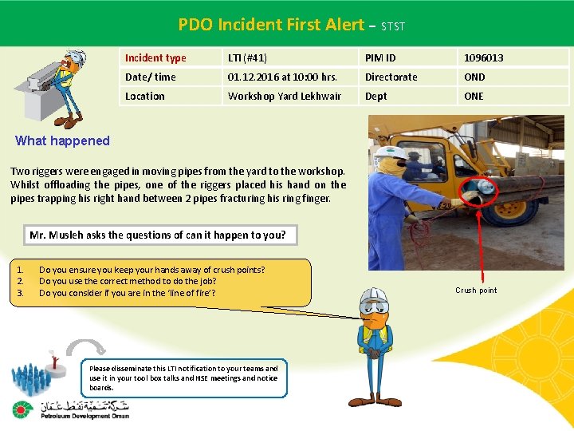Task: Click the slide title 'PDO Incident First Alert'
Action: coord(271,25)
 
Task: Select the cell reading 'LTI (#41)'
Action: coord(247,57)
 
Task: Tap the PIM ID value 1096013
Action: coord(484,57)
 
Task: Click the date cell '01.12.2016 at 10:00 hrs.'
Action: coord(282,77)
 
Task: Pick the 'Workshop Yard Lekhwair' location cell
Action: coord(284,96)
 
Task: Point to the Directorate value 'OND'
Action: coord(474,77)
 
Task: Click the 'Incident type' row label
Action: coord(155,57)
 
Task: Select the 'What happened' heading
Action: coord(62,141)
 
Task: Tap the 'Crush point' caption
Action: coord(476,290)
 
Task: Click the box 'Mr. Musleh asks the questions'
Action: coord(157,235)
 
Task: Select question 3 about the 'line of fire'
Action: coord(126,293)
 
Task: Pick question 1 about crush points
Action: coord(151,270)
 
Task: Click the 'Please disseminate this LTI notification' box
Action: coord(184,378)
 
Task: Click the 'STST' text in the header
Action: coord(393,26)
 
